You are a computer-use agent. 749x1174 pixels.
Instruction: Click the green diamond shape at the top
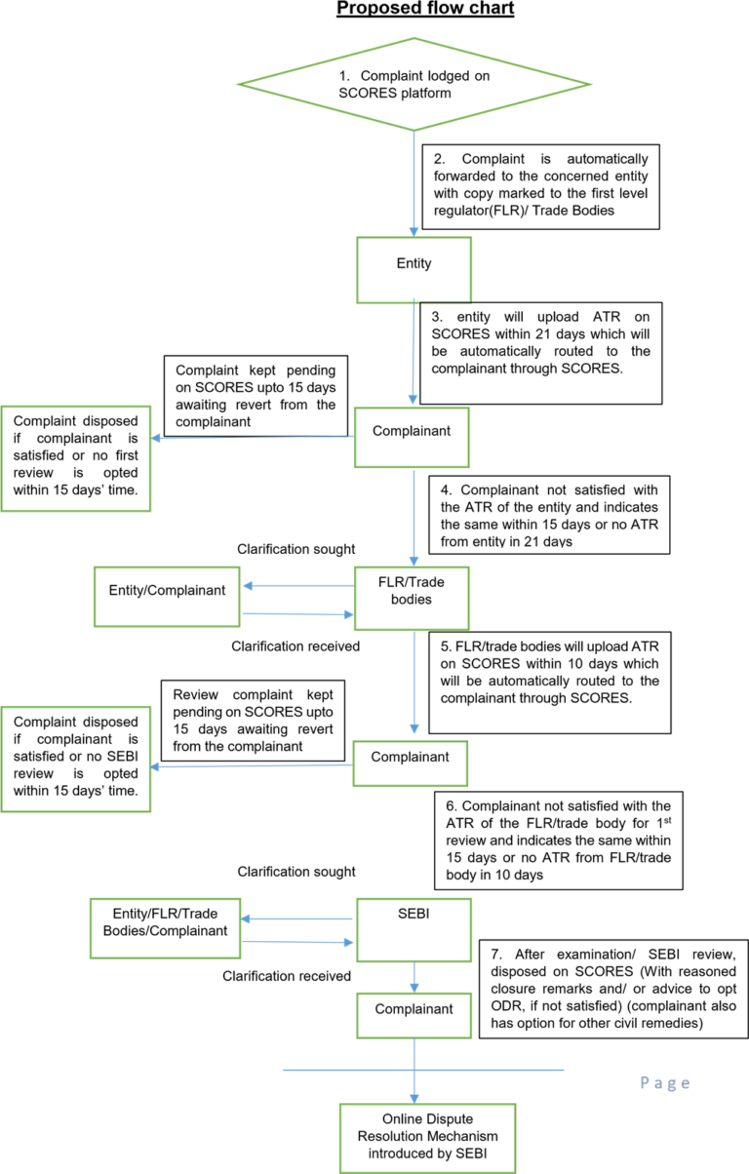tap(414, 84)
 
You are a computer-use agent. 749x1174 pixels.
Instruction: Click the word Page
tap(665, 1082)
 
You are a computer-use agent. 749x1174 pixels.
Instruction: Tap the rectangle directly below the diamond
tap(414, 270)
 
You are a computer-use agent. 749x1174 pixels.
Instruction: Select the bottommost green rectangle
tap(427, 1138)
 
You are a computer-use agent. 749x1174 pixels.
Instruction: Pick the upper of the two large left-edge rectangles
tap(76, 458)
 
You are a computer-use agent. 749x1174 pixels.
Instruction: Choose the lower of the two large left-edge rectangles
tap(76, 759)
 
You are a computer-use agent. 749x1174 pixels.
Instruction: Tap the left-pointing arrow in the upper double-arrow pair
tap(296, 586)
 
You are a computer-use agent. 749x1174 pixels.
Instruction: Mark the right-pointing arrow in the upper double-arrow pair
tap(296, 614)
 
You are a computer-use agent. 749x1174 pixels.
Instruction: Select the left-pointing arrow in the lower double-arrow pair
tap(296, 919)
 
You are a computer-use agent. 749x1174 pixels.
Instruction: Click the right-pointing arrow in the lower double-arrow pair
tap(296, 942)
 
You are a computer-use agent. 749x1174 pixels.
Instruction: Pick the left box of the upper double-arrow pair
tap(167, 596)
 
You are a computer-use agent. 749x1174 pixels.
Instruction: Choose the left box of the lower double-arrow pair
tap(165, 928)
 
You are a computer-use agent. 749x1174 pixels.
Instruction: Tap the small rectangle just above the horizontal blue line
tap(414, 1016)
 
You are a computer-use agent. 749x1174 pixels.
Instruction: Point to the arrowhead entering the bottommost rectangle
tap(414, 1098)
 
